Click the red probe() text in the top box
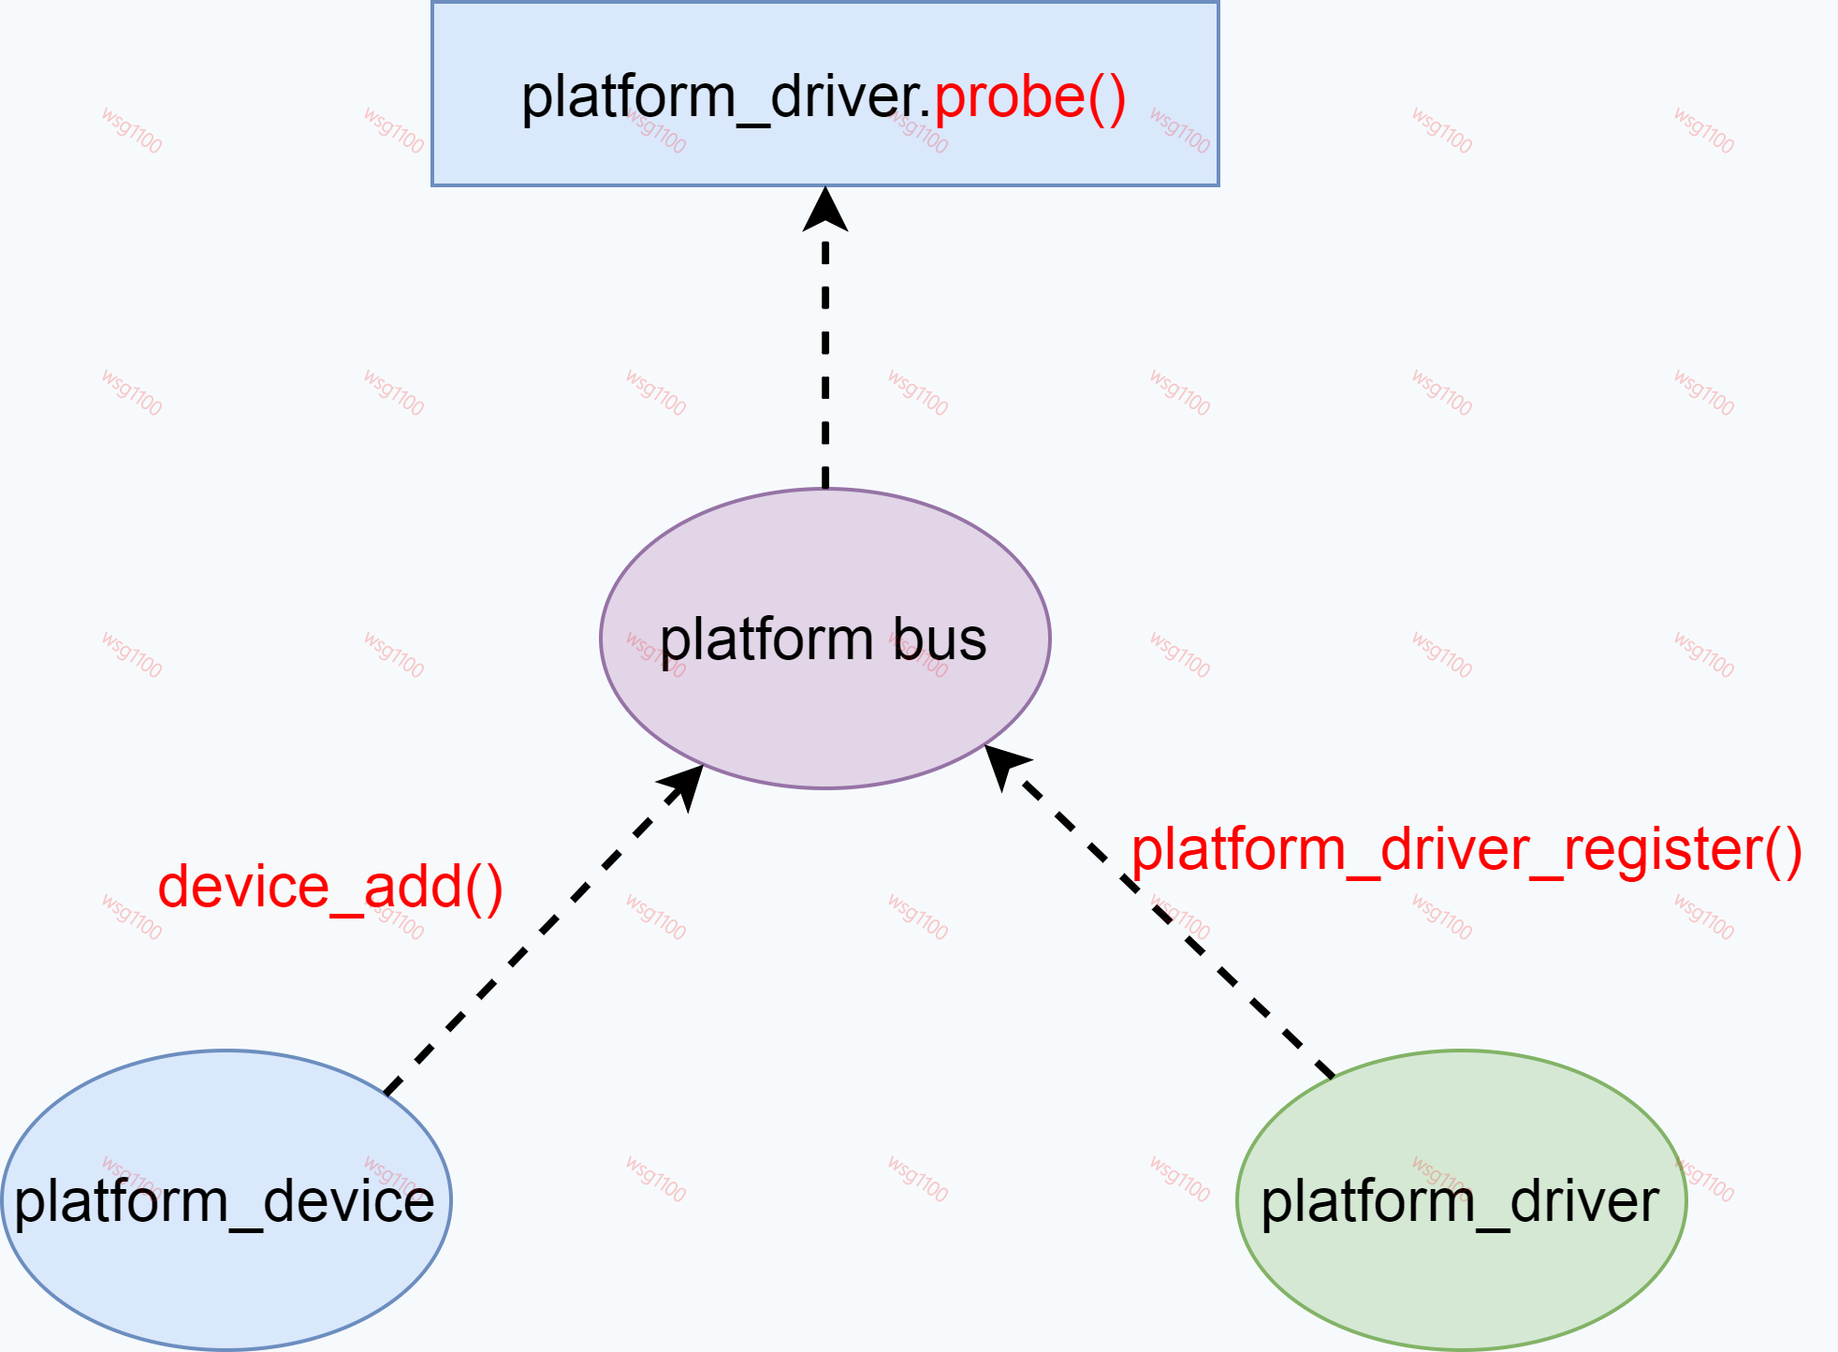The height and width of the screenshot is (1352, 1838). [x=1029, y=97]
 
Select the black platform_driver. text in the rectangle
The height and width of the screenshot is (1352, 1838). [x=725, y=97]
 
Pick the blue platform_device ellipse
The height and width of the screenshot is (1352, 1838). [x=226, y=1273]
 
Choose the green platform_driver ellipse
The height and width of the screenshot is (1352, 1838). [x=1461, y=1283]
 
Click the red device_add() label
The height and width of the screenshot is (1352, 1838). [x=329, y=887]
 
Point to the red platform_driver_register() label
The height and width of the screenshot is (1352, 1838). [x=1466, y=850]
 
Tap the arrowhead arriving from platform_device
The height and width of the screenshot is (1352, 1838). [x=684, y=785]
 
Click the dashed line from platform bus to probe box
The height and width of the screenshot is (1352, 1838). [x=825, y=365]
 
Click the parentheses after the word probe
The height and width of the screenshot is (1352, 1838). [x=1106, y=97]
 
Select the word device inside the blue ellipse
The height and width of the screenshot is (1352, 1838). [x=348, y=1201]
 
